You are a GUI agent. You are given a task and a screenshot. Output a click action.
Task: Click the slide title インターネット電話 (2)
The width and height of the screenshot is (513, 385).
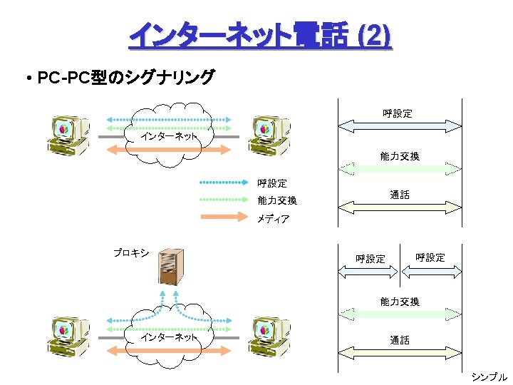click(260, 36)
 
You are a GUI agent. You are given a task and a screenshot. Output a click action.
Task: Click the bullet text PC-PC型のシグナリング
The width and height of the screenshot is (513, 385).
click(125, 78)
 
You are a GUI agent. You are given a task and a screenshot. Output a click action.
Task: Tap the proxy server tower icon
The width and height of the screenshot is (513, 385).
click(170, 267)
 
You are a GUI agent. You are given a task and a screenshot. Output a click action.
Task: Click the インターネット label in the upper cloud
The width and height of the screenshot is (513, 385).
click(169, 135)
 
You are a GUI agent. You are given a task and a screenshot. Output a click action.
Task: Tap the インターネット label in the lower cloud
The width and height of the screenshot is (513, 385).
click(169, 337)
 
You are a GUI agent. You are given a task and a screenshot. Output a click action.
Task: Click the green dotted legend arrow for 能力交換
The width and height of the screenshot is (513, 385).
click(224, 200)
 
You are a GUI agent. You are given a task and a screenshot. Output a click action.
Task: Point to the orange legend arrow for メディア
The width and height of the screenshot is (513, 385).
click(224, 217)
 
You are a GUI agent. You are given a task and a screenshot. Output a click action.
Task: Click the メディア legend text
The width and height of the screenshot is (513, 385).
click(273, 219)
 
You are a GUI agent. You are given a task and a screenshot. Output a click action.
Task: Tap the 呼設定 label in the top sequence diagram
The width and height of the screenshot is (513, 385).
click(397, 113)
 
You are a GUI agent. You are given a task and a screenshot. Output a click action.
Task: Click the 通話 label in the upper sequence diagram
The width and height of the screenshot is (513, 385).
click(400, 195)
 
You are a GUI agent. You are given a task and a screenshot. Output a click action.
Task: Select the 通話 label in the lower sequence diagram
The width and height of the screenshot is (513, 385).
click(400, 340)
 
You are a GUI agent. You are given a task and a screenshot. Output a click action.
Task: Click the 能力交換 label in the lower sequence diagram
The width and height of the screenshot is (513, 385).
click(400, 302)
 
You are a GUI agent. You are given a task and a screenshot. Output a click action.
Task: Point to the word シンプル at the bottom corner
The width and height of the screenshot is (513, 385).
click(489, 376)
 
